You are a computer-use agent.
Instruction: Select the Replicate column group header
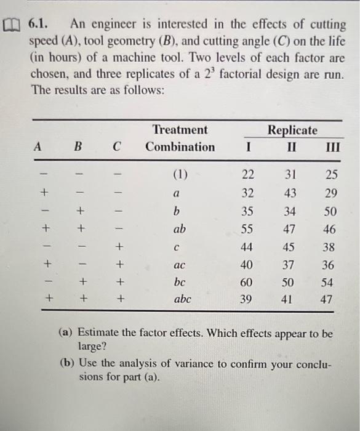(292, 130)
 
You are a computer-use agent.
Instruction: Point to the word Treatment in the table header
(180, 130)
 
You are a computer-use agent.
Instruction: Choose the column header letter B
(78, 148)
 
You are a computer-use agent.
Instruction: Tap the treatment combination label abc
(180, 300)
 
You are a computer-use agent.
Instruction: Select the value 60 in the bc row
(247, 282)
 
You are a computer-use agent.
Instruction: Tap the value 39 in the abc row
(247, 300)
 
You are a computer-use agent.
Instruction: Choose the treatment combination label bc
(179, 282)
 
